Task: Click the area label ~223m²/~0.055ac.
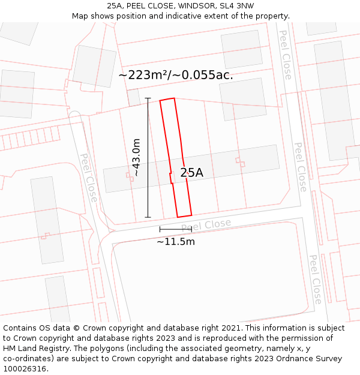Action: pos(175,76)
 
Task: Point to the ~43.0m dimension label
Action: pos(136,157)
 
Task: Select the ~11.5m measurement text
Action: pos(175,242)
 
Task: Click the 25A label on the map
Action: pos(191,173)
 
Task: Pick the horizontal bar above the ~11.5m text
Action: pos(175,229)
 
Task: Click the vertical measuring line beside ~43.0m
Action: pos(148,157)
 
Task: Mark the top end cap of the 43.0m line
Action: pos(148,98)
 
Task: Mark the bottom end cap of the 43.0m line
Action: pos(148,217)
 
